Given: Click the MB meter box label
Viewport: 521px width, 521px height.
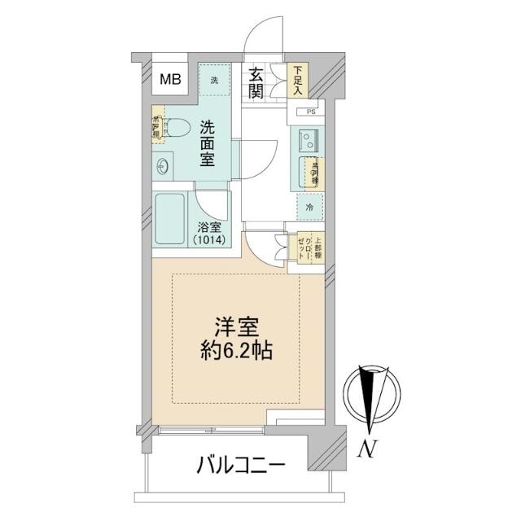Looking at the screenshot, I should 169,80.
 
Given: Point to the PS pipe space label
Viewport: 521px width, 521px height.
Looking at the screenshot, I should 310,112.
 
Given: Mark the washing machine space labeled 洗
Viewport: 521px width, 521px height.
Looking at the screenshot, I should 215,80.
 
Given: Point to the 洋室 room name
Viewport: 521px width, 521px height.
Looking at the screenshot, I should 238,328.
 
